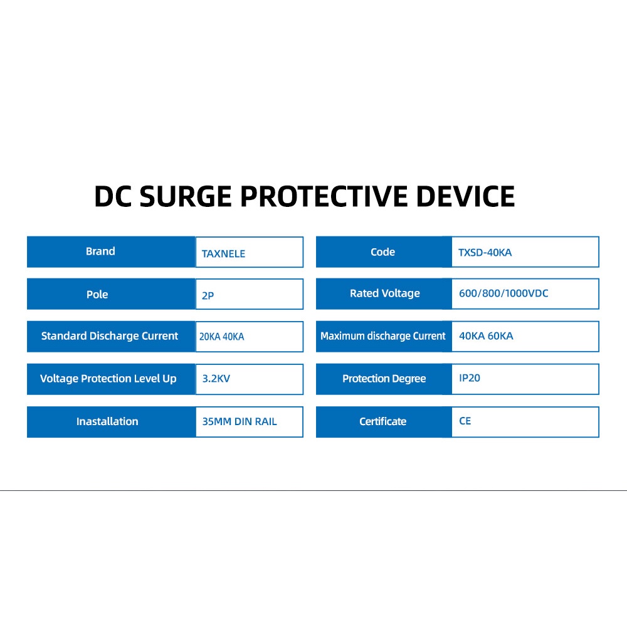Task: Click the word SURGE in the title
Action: click(186, 196)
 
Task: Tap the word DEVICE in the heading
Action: click(465, 196)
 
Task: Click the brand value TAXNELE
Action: click(223, 253)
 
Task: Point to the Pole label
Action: click(97, 294)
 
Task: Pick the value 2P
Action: click(208, 295)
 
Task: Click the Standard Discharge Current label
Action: click(110, 336)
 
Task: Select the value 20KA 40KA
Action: click(221, 337)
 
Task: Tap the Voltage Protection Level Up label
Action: click(108, 379)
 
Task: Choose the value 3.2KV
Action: click(216, 378)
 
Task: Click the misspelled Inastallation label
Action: click(107, 421)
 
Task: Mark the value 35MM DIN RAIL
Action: click(240, 421)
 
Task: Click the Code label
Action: click(382, 252)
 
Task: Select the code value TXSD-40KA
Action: click(485, 252)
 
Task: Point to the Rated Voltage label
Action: click(385, 293)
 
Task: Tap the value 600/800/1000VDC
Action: click(503, 293)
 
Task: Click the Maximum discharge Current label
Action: click(382, 336)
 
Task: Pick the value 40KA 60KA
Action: click(486, 336)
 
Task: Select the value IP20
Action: click(470, 378)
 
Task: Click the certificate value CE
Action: click(465, 421)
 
